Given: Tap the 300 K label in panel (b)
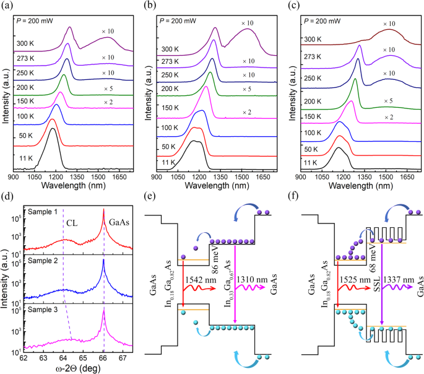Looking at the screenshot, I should coord(171,50).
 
